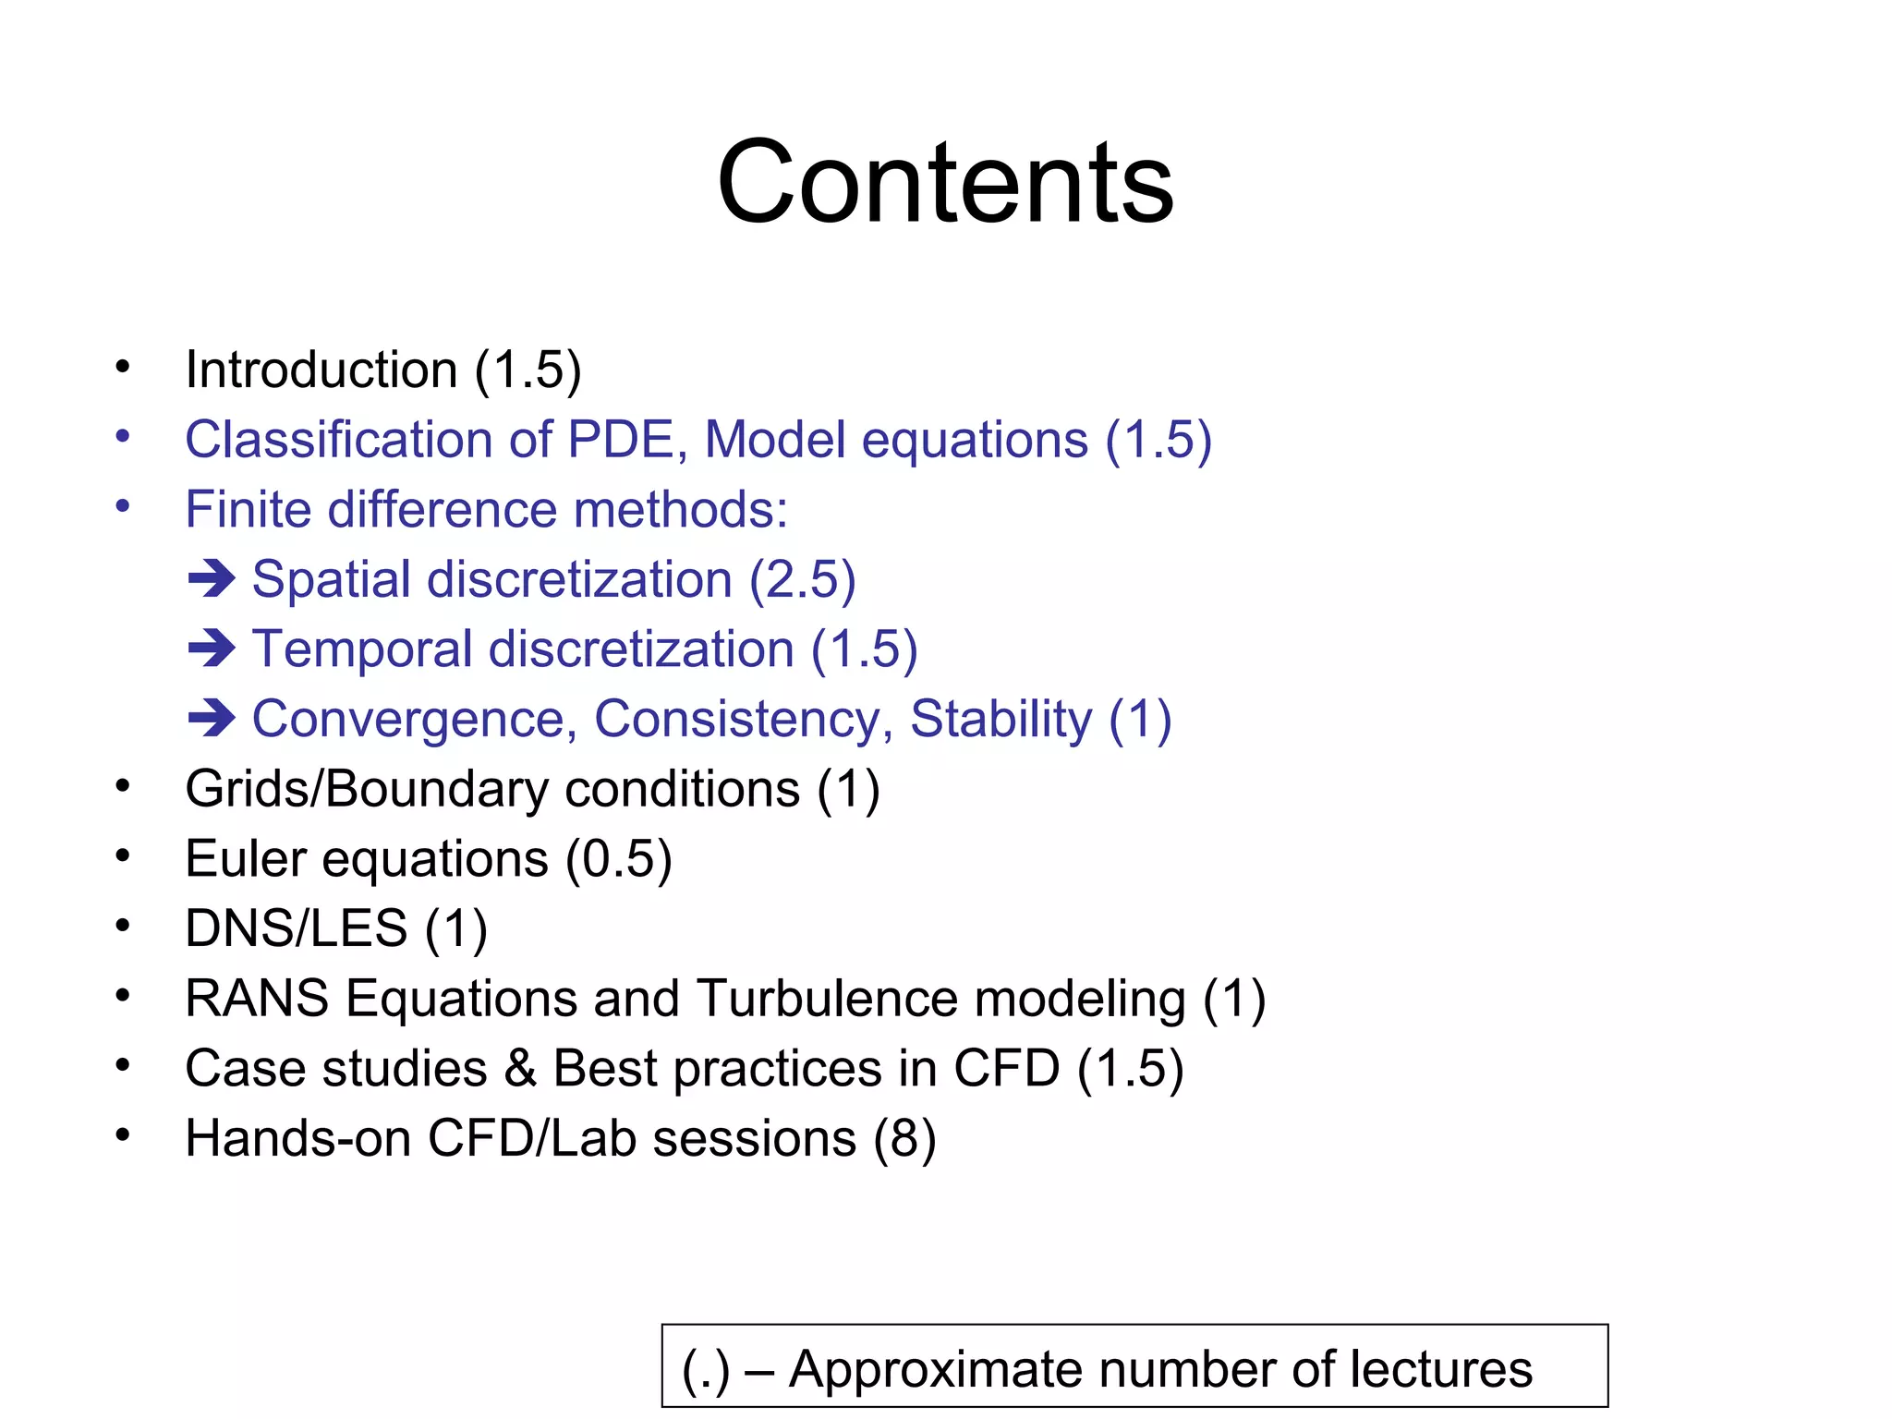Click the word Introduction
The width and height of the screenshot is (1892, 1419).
tap(321, 370)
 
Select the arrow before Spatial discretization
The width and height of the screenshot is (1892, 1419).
tap(212, 579)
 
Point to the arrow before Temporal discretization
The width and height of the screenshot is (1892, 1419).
tap(212, 649)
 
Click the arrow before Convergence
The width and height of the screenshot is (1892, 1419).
tap(212, 719)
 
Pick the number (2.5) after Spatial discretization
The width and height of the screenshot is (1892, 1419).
tap(802, 580)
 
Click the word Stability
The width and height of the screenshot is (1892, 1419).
tap(1001, 720)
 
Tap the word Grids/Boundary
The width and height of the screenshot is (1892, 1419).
tap(367, 790)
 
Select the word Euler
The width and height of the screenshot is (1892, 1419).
tap(245, 859)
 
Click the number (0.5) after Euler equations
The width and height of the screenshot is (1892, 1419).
tap(618, 860)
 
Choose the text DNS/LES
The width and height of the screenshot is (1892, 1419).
tap(296, 928)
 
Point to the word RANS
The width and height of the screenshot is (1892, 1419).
tap(257, 999)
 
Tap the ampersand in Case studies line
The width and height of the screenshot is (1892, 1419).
tap(520, 1069)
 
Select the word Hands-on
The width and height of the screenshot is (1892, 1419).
tap(297, 1138)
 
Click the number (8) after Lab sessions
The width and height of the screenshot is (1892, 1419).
tap(904, 1139)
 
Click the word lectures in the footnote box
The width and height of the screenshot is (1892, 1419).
tap(1440, 1369)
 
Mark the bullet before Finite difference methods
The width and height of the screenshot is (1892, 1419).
tap(123, 506)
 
